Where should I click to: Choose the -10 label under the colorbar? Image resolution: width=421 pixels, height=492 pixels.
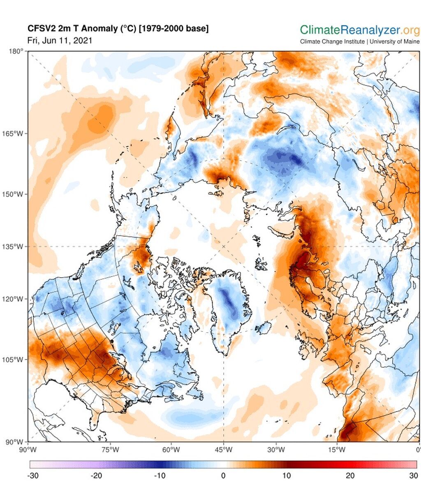[160, 476]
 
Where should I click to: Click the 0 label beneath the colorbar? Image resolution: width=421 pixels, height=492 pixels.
[223, 476]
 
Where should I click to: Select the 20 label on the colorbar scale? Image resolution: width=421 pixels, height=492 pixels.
[350, 476]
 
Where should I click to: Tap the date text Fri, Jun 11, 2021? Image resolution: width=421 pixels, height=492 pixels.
[60, 40]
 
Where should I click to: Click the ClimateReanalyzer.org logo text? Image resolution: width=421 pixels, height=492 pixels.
[359, 30]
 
